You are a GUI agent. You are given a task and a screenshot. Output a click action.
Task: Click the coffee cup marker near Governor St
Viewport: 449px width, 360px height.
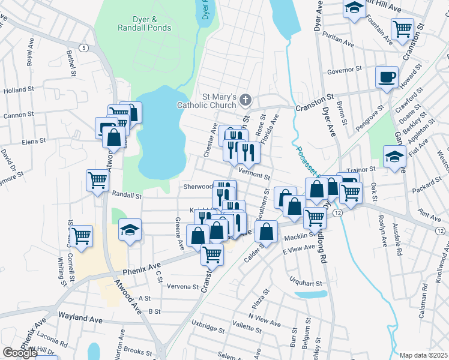(x=387, y=77)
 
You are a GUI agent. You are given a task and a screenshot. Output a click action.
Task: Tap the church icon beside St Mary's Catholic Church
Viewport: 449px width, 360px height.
(x=245, y=99)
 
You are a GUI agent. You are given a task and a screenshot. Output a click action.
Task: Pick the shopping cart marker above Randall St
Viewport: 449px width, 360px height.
(x=97, y=180)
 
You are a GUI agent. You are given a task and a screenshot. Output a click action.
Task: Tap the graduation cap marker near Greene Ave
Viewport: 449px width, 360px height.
(x=129, y=230)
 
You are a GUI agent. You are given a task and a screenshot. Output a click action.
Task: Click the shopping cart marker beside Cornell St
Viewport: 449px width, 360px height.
(x=81, y=236)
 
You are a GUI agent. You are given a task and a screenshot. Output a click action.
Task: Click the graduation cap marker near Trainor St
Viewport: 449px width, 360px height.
(x=393, y=157)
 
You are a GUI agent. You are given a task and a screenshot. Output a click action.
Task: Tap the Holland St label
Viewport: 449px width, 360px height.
(x=19, y=90)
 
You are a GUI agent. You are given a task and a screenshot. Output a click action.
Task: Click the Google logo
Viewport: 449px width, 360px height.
(x=20, y=353)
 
